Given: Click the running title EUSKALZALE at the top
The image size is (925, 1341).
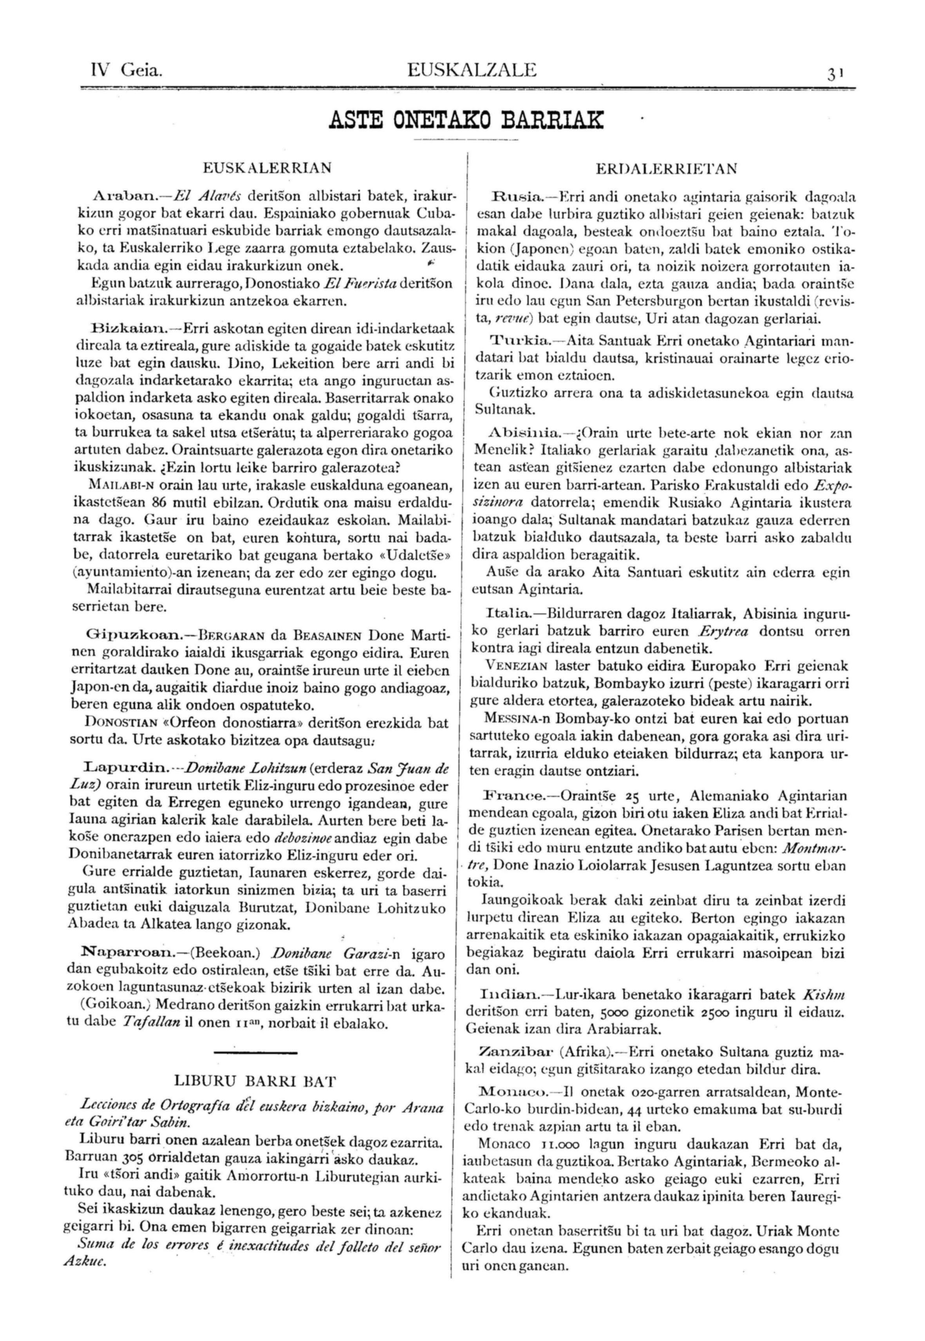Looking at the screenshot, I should pyautogui.click(x=472, y=71).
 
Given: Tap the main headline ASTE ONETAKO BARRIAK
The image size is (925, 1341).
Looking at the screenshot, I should pyautogui.click(x=465, y=120).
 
